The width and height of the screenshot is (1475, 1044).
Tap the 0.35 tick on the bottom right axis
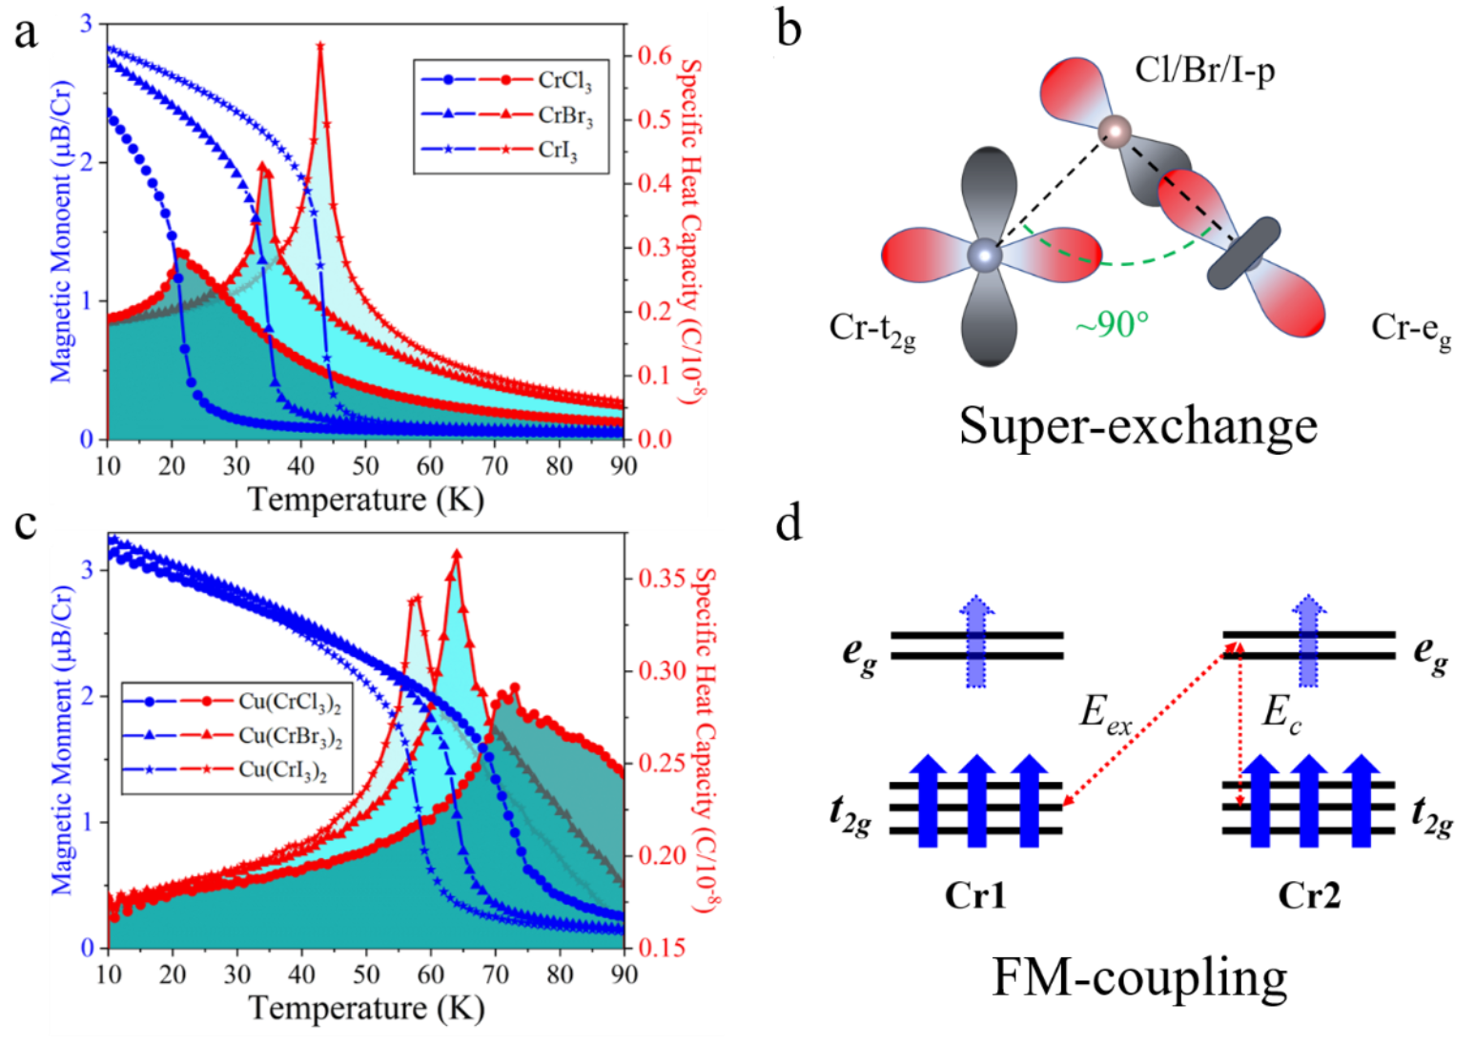660,579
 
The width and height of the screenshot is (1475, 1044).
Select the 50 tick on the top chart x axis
365,466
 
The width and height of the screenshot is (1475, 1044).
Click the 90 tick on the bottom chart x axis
623,974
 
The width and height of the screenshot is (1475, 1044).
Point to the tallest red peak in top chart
320,46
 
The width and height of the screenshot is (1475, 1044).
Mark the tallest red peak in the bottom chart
457,553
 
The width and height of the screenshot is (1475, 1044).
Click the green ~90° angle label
1112,325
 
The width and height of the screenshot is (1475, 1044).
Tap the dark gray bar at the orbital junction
1243,253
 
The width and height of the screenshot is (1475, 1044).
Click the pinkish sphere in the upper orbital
1114,130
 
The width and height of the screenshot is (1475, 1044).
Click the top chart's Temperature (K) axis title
365,499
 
